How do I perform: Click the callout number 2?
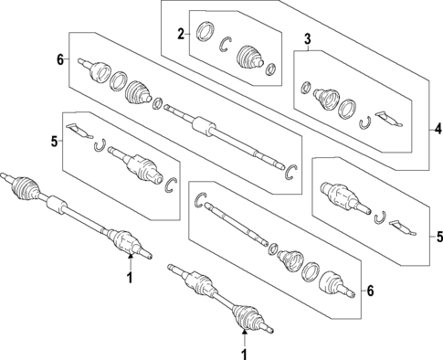[181, 35]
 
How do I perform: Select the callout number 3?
[308, 38]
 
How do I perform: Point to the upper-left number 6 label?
[59, 60]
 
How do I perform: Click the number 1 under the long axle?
[129, 278]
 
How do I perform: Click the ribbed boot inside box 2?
[249, 58]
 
